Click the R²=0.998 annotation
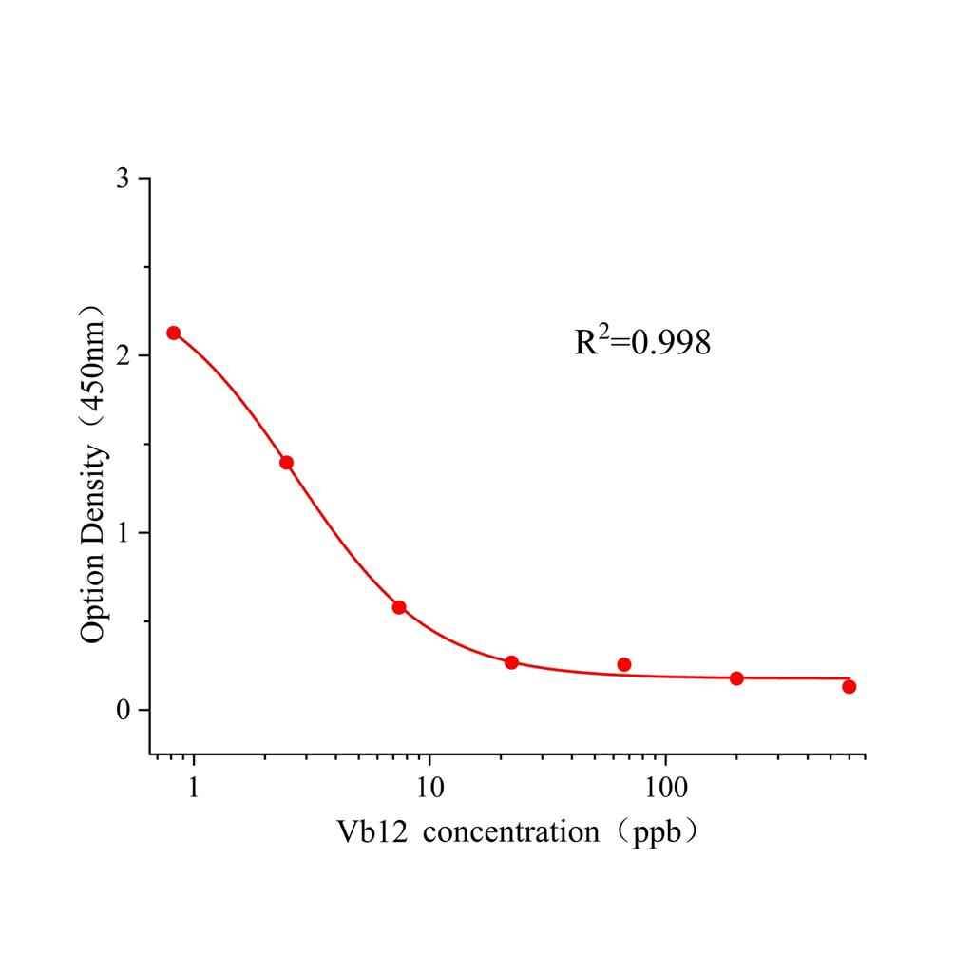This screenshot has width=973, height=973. (x=642, y=342)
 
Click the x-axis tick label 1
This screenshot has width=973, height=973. (x=195, y=788)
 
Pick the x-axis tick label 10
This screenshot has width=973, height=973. (x=429, y=788)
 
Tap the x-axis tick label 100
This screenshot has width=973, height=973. (x=664, y=788)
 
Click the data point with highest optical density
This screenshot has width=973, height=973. (x=174, y=333)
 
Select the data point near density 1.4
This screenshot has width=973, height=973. (x=286, y=463)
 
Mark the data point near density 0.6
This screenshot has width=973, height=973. (x=399, y=607)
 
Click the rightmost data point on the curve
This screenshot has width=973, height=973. (x=849, y=686)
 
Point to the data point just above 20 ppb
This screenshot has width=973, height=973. (x=511, y=662)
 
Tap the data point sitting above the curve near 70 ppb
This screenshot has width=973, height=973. (x=624, y=664)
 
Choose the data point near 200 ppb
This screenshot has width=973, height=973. (x=736, y=677)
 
